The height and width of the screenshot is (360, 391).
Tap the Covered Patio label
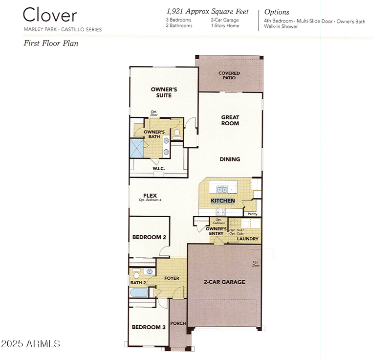[229, 75]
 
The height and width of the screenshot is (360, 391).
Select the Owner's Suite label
[163, 92]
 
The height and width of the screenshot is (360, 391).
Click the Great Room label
[230, 120]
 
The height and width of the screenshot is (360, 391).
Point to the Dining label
[230, 159]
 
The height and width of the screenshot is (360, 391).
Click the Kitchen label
[223, 201]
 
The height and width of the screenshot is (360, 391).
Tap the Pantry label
[252, 214]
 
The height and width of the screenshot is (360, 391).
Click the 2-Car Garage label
[224, 282]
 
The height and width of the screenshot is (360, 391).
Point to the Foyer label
[172, 278]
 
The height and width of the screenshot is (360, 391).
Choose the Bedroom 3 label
[149, 327]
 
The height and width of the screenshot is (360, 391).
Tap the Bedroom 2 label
[149, 237]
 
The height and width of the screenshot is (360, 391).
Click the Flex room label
[150, 195]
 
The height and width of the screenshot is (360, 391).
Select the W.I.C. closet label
[158, 168]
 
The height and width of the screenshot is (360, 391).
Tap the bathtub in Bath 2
[139, 292]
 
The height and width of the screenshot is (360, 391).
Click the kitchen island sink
[222, 189]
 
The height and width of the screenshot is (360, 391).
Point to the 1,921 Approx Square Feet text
[208, 11]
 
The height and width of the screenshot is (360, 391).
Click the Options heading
[277, 12]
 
